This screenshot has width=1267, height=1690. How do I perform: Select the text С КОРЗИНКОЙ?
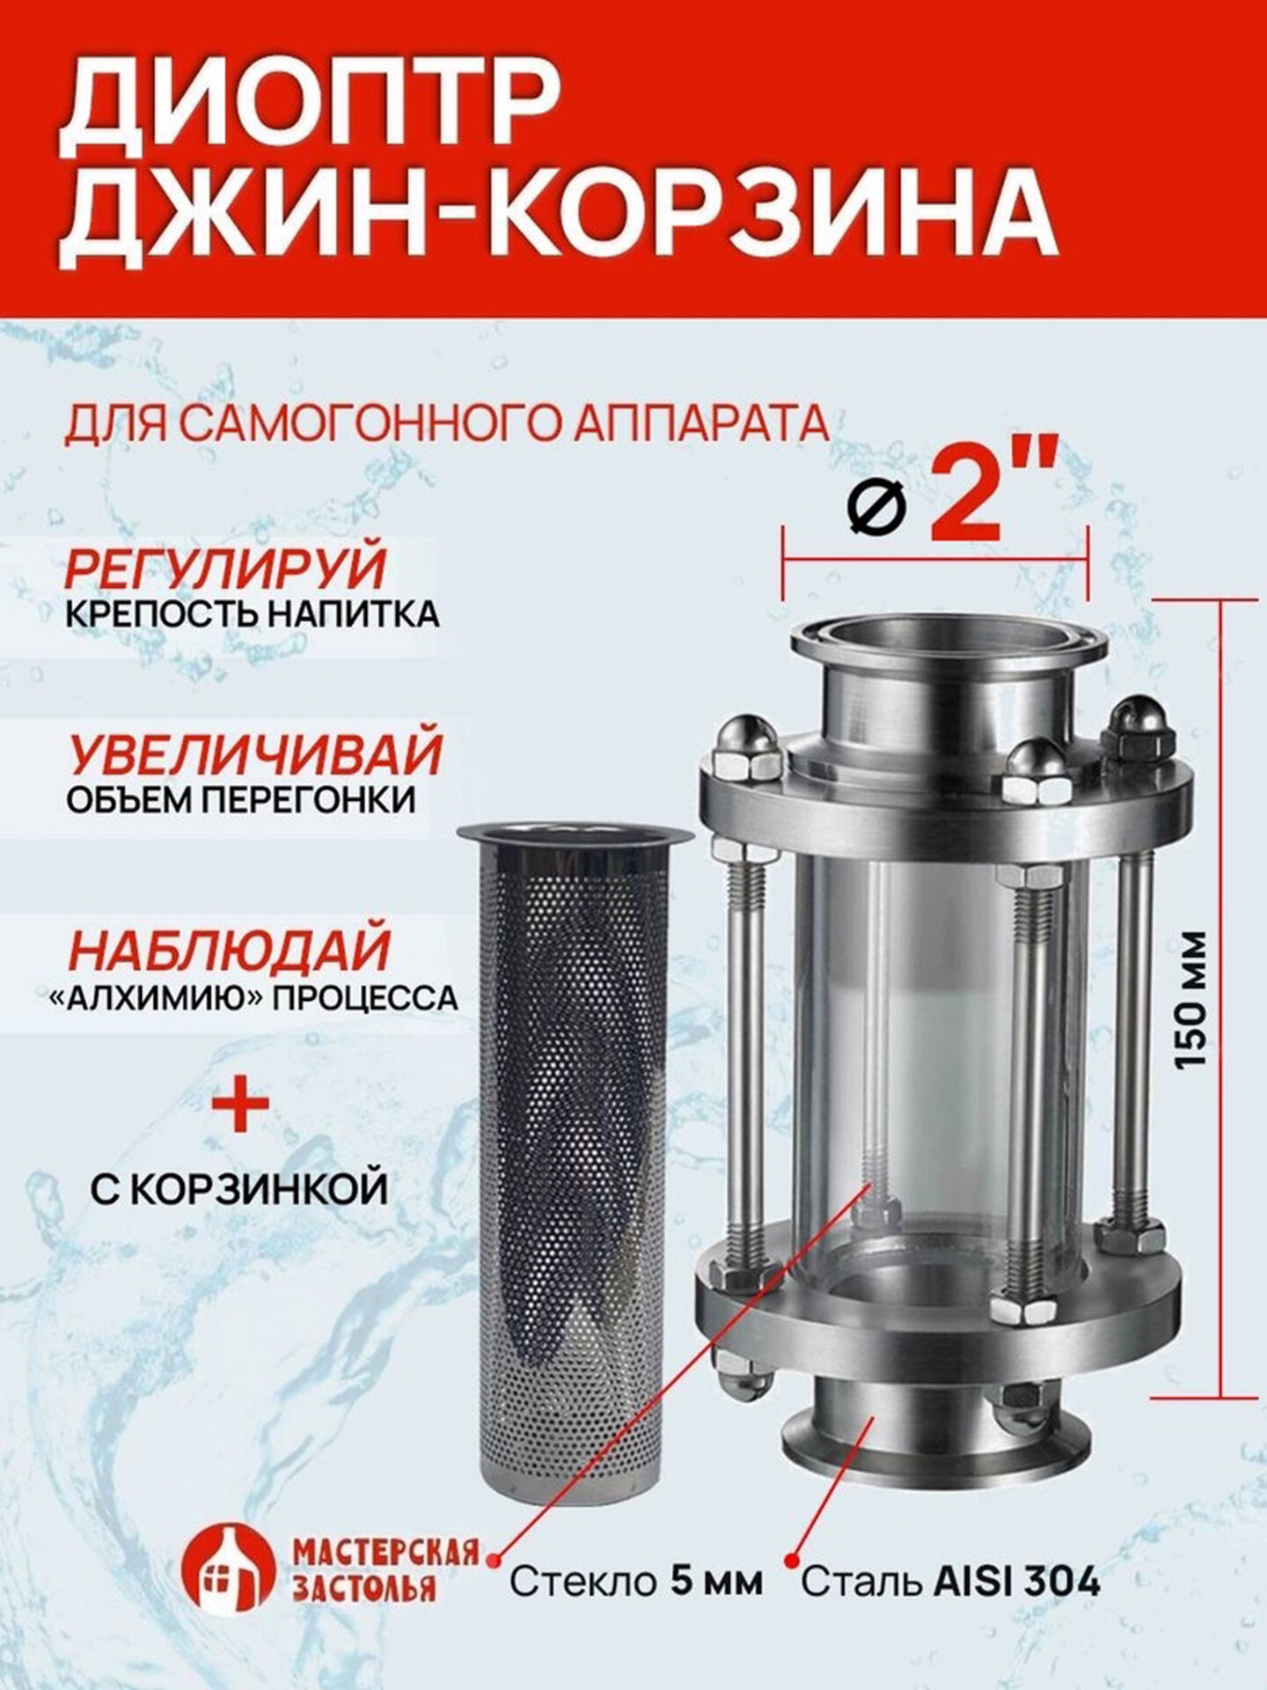point(239,1187)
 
